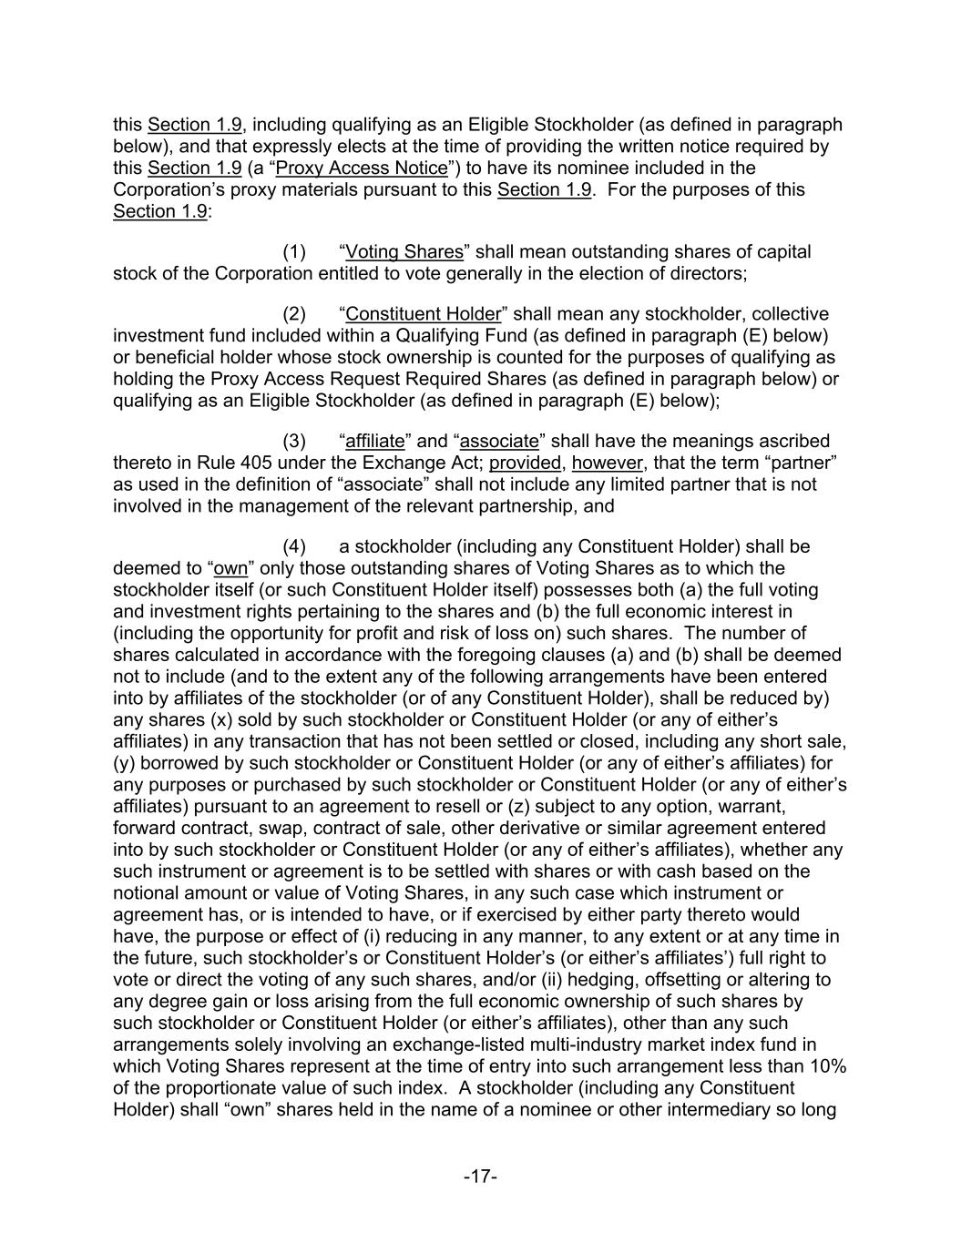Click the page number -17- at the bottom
480,1177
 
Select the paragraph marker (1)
294,251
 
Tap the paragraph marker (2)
294,314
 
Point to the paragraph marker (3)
294,441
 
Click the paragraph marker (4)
294,546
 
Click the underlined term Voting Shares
404,251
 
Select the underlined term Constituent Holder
424,314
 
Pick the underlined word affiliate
375,441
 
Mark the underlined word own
230,568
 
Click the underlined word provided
526,463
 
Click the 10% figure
829,1066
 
